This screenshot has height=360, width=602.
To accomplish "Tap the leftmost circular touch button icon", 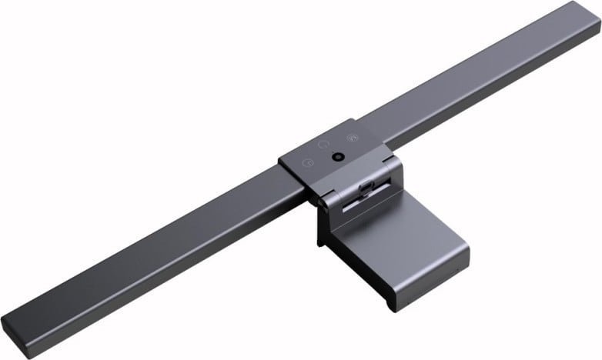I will coord(308,162).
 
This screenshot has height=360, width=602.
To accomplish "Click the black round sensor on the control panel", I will coord(337,156).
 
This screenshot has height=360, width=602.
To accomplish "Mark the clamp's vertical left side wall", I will coord(322,231).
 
